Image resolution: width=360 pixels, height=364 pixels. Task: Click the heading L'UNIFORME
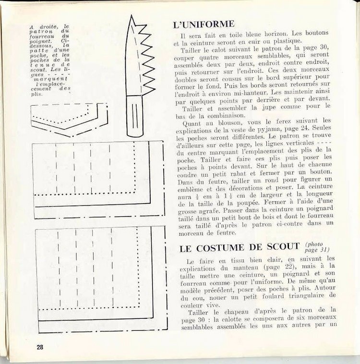point(203,24)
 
